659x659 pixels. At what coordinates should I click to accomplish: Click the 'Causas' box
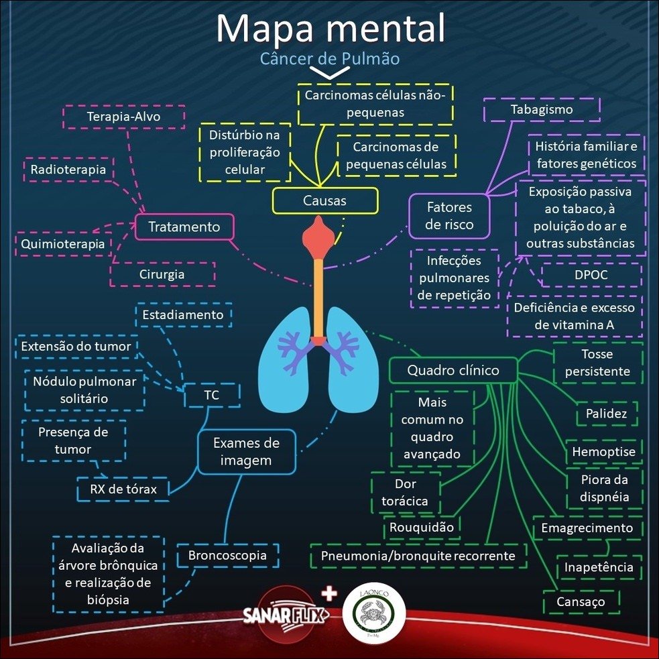point(324,200)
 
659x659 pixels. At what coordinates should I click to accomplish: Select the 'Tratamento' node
point(184,227)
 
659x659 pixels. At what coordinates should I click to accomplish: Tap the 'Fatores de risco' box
point(449,216)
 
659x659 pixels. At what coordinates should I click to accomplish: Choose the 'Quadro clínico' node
point(453,370)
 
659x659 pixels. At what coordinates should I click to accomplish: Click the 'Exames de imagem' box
point(246,451)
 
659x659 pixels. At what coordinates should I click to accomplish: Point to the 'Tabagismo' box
point(541,109)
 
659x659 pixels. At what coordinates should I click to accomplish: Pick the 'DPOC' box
point(590,275)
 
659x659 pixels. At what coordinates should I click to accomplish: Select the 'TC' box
point(212,396)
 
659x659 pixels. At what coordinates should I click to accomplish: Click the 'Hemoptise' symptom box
point(603,452)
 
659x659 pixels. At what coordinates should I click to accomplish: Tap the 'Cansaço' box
point(581,601)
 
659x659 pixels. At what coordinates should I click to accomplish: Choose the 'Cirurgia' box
point(162,274)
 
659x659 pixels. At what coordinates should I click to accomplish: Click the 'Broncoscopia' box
point(227,555)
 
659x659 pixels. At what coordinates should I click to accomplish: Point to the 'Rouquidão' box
point(422,527)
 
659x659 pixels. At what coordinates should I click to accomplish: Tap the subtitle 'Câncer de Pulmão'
point(330,59)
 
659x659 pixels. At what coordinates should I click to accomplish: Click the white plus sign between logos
point(328,593)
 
